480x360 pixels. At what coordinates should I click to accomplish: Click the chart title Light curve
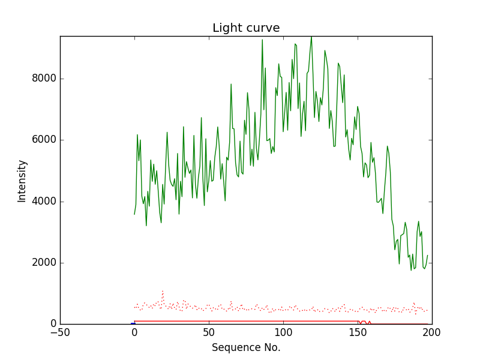(x=246, y=28)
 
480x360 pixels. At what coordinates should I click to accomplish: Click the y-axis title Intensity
(x=22, y=181)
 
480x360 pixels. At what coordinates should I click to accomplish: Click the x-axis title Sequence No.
(x=246, y=347)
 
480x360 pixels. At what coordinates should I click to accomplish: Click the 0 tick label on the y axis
(x=52, y=324)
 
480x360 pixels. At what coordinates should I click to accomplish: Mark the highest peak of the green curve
(x=311, y=37)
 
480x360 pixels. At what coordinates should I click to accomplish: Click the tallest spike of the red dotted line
(x=163, y=291)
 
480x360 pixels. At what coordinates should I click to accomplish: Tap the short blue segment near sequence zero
(x=133, y=323)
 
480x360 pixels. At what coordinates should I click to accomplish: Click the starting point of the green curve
(x=134, y=214)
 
